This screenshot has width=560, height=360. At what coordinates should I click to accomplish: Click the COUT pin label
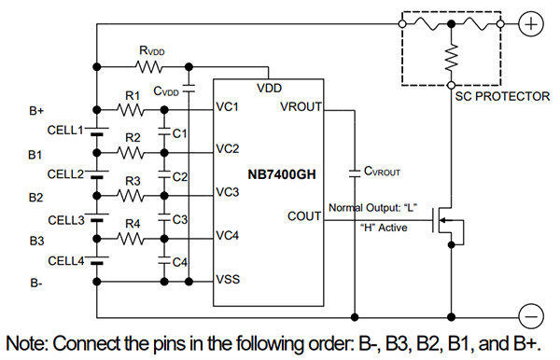tap(303, 215)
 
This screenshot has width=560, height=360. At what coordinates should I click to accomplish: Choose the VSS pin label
tap(229, 279)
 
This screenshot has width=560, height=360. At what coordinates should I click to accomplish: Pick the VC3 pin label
tap(229, 191)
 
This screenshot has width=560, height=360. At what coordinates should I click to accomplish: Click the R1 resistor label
tap(132, 95)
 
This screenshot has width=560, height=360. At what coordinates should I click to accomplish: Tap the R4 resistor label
tap(132, 224)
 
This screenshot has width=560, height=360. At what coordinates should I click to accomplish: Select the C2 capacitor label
tap(180, 176)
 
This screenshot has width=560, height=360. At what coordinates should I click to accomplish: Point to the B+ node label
tap(36, 111)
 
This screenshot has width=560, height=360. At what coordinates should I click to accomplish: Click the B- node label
tap(36, 283)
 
